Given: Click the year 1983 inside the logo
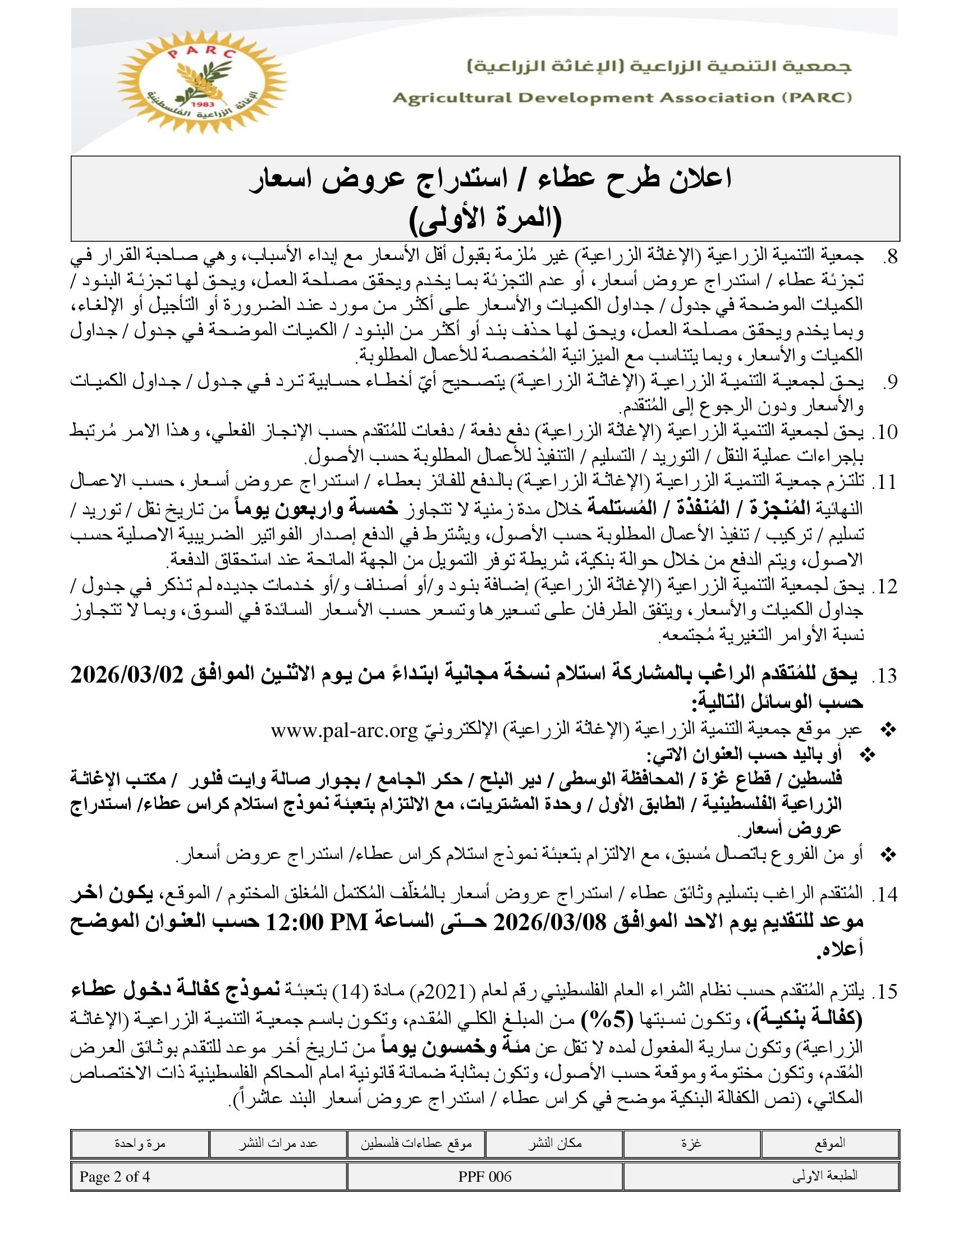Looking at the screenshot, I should coord(201,105).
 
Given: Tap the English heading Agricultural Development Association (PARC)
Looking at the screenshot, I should coord(622,98).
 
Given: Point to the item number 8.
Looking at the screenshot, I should coord(890,257).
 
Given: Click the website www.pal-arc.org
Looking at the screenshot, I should coord(343,731).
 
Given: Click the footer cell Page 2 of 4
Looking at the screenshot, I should coord(114,1177).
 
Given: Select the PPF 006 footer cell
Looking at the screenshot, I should coord(485,1177).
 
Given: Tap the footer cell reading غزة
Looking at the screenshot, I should coord(692,1143).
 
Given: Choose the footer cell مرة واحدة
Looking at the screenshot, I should coord(140,1143).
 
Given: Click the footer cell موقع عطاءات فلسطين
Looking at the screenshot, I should coord(416,1143).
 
